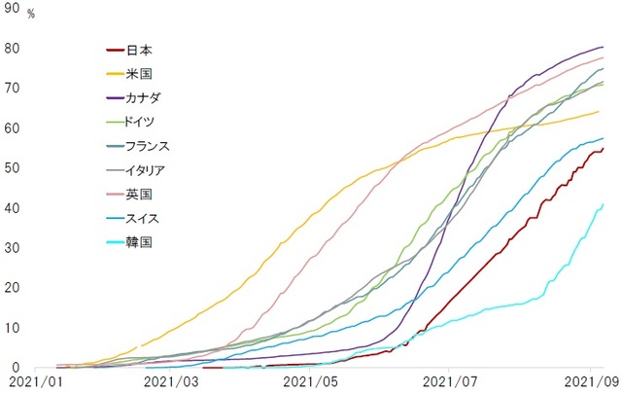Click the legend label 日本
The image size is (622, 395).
point(140,49)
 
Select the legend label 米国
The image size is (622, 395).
point(140,73)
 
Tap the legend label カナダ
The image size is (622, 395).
point(146,97)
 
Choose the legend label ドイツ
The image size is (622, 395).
point(146,122)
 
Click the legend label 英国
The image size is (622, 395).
point(140,194)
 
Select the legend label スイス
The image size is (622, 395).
point(146,218)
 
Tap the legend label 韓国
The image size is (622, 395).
point(140,242)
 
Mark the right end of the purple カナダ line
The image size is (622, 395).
point(604,47)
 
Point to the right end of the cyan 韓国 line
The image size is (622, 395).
point(604,204)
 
